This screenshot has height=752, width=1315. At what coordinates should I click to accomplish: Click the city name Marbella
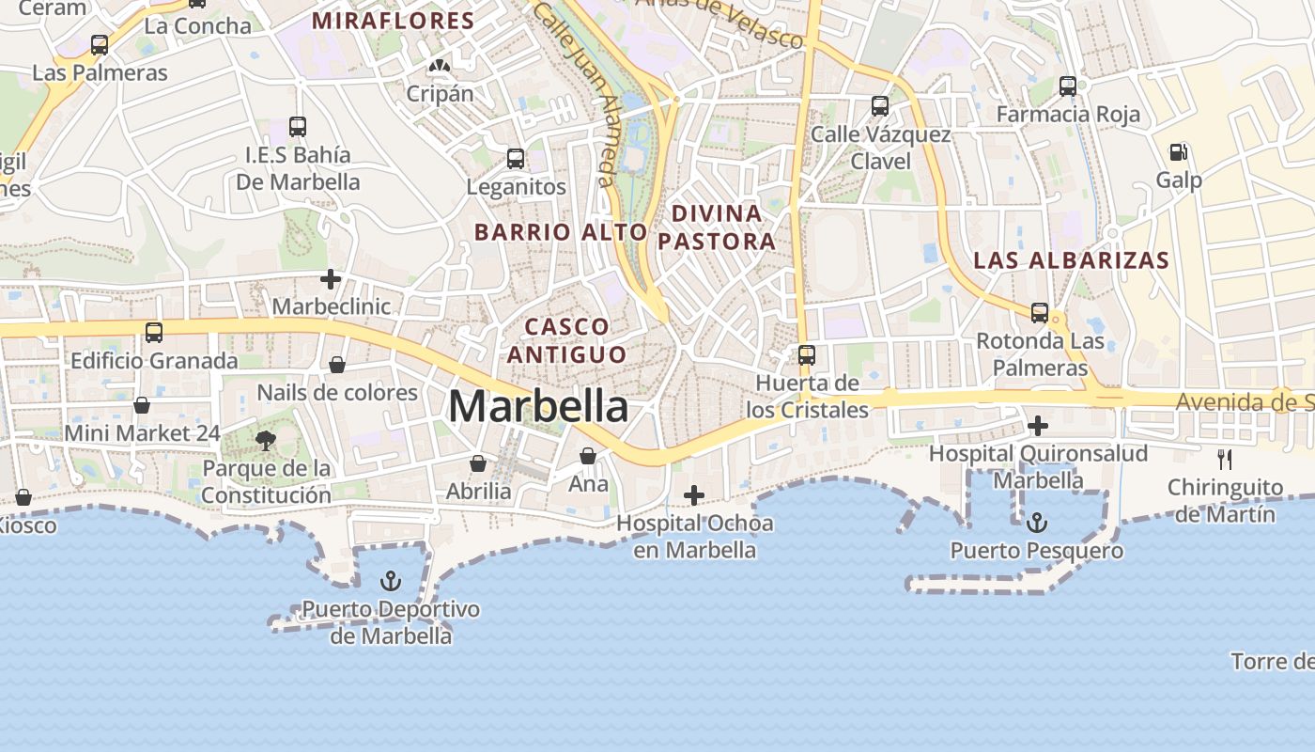click(538, 407)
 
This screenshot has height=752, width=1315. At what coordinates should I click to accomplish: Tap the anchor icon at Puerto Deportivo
click(391, 581)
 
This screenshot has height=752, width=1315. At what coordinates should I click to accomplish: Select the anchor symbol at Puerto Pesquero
click(1037, 522)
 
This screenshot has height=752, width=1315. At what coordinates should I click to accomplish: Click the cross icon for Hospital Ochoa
click(694, 495)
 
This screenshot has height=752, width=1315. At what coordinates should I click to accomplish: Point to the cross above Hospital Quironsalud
click(1038, 426)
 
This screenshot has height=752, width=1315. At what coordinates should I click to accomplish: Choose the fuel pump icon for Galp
click(1178, 151)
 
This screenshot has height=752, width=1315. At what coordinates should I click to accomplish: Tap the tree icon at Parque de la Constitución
click(266, 440)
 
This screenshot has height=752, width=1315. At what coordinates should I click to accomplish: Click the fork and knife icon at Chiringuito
click(1225, 460)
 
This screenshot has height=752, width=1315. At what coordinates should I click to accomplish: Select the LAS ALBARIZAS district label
click(1071, 260)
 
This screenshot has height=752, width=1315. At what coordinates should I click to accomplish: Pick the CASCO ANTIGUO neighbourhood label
click(566, 340)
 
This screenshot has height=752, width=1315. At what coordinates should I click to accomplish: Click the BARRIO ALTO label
click(561, 231)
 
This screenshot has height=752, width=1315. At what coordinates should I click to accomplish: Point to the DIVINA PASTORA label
click(717, 227)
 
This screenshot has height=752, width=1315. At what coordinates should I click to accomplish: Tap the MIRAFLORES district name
click(393, 21)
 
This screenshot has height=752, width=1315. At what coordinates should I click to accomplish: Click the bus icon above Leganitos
click(516, 159)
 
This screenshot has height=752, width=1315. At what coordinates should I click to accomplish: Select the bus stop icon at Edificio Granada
click(154, 333)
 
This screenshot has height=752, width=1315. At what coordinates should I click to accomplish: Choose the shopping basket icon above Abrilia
click(478, 463)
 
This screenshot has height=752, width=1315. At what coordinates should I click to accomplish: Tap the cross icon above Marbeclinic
click(331, 279)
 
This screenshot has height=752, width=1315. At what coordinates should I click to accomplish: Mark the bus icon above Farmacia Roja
click(1068, 86)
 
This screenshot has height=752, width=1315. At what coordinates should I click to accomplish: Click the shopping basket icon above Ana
click(588, 456)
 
